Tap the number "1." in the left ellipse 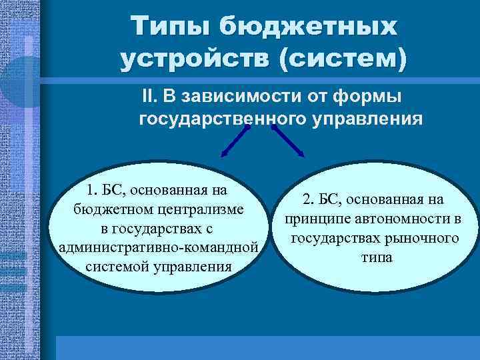tap(86, 189)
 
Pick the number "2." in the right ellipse tap(310, 199)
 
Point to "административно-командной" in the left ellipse tap(159, 248)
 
